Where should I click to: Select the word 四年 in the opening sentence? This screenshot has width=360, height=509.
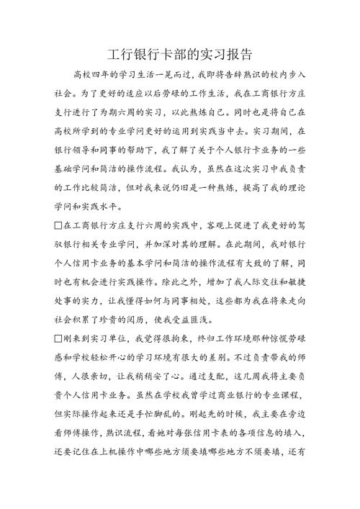98,74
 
